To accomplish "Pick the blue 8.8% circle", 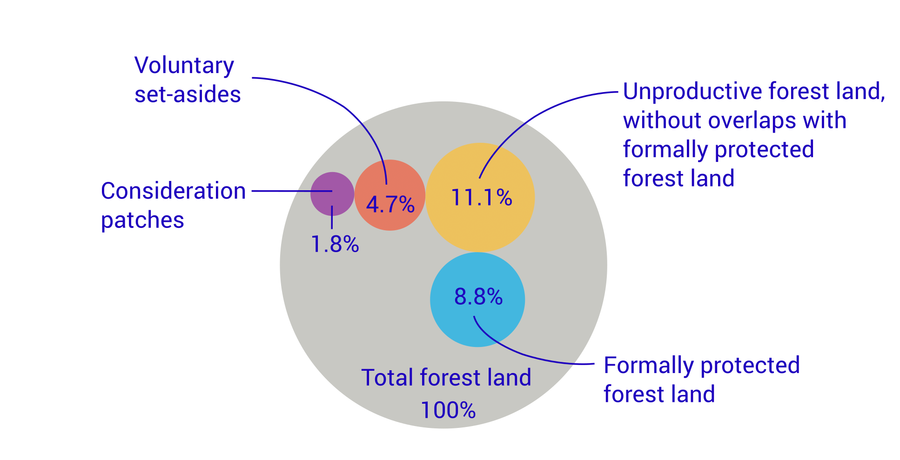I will (477, 326).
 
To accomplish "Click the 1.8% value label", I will (335, 244).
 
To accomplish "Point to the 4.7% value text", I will (390, 205).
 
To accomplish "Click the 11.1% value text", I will (481, 198).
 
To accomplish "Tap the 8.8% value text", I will (478, 297).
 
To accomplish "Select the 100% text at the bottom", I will (448, 410).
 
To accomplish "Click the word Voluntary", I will (184, 66).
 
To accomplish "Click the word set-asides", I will (188, 94).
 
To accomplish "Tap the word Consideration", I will (173, 191).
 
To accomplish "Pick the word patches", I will (142, 220).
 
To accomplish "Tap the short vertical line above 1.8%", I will (332, 217).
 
